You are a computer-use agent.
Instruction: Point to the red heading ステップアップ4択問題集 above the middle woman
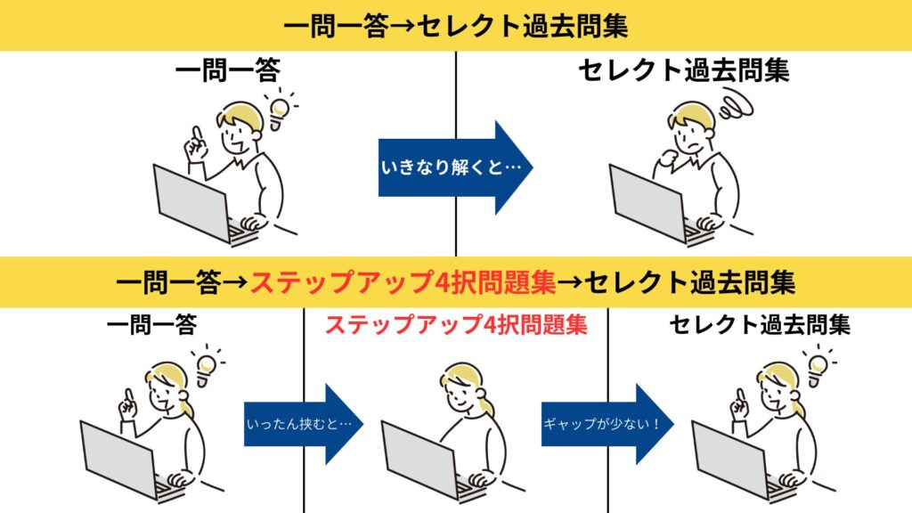click(455, 324)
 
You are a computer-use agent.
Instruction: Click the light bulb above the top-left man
click(279, 108)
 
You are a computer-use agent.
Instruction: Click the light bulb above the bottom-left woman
click(206, 364)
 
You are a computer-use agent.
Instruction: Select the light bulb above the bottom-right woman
click(817, 364)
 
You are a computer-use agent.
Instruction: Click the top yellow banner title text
click(455, 26)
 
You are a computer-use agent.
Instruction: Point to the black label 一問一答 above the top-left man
click(226, 71)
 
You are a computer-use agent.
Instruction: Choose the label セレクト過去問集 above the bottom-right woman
click(760, 324)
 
